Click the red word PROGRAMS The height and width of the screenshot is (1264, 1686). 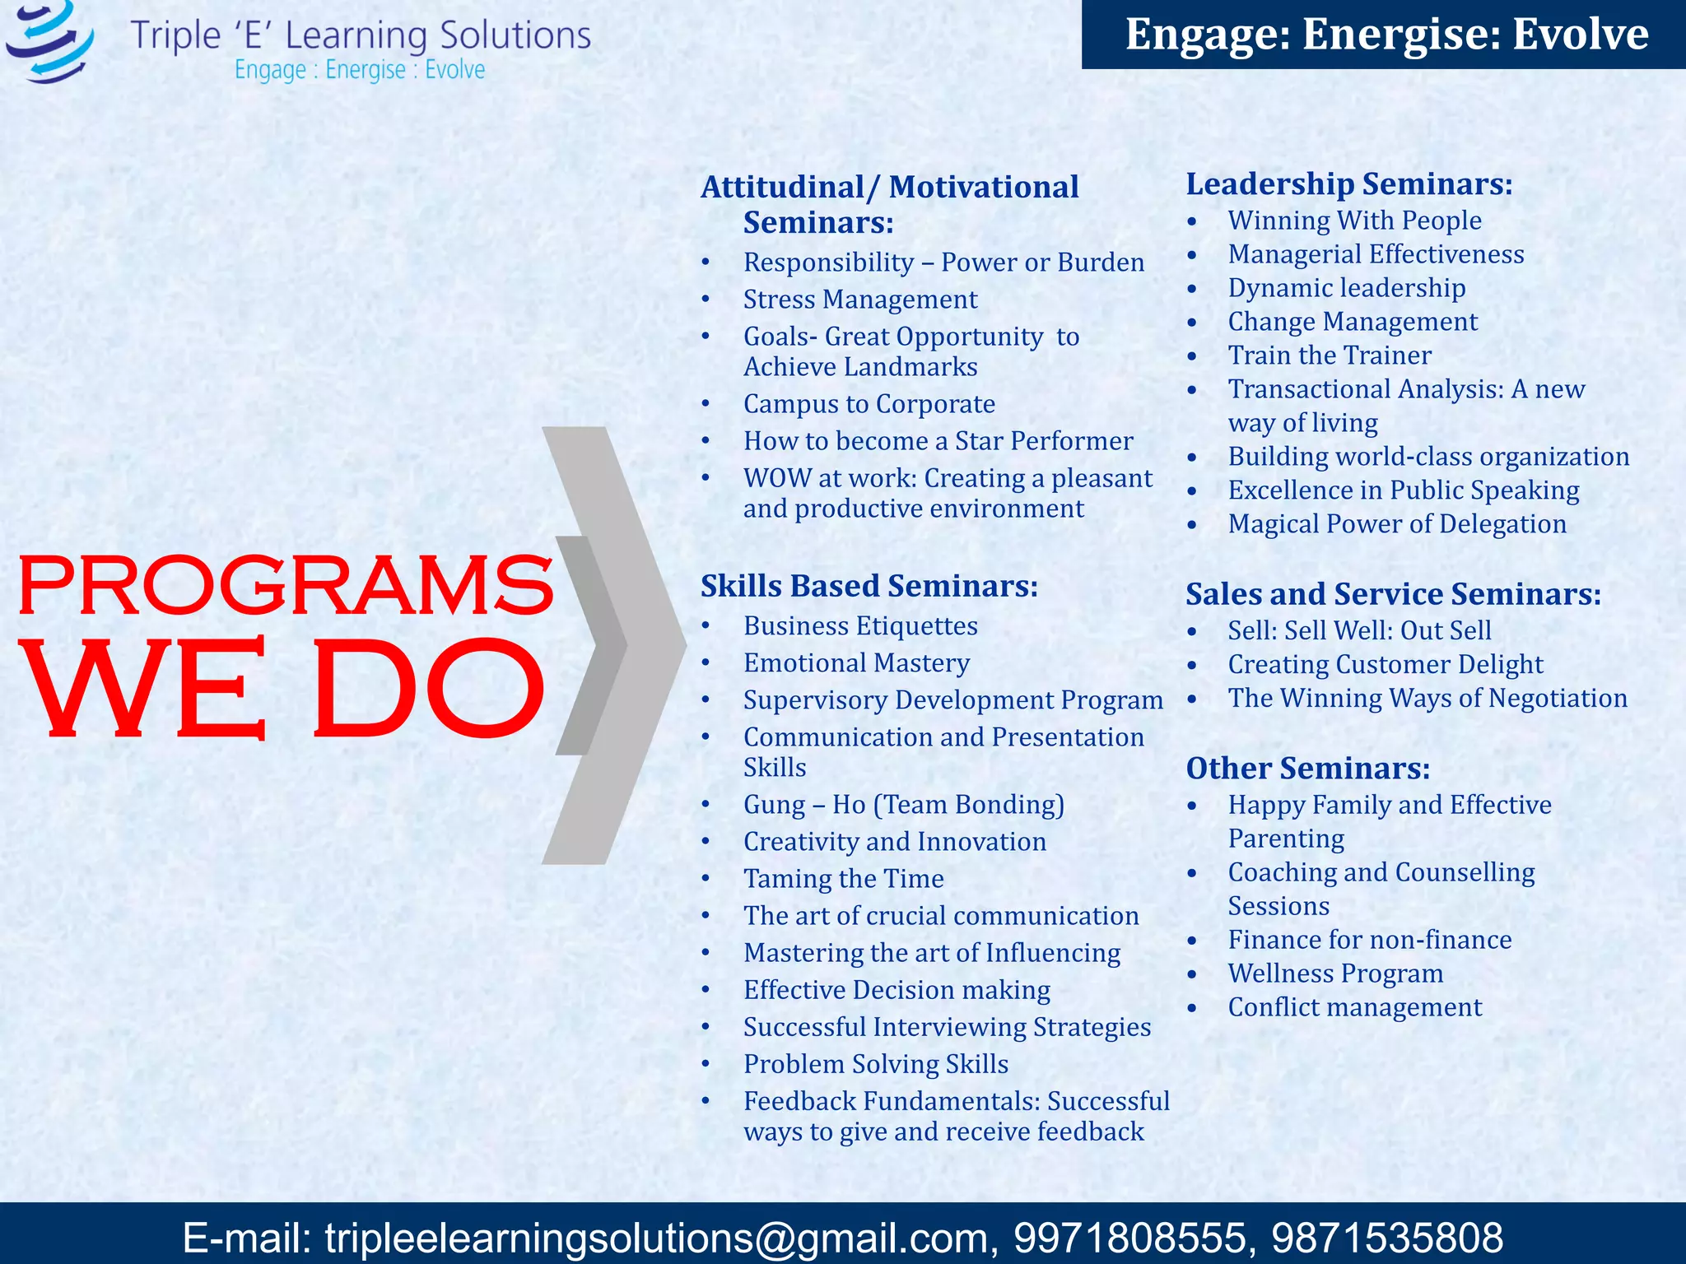tap(285, 585)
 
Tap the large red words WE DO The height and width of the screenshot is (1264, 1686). tap(285, 690)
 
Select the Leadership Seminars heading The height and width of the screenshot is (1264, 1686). tap(1348, 184)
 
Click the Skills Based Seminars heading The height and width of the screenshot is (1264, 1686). tap(869, 586)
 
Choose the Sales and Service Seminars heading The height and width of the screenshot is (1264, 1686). tap(1393, 594)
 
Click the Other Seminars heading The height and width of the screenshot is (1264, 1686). tap(1307, 768)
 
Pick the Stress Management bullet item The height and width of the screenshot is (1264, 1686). tap(859, 300)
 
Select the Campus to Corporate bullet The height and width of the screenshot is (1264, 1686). tap(869, 404)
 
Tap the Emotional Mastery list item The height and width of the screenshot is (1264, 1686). tap(856, 663)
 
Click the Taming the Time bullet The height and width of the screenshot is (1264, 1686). tap(843, 879)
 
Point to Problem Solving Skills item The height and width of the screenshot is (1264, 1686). tap(875, 1064)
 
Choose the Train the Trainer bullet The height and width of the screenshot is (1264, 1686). tap(1329, 355)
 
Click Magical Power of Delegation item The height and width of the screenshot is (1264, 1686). tap(1396, 524)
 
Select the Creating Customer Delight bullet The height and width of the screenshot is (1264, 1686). tap(1385, 665)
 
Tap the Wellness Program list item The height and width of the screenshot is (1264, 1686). tap(1334, 974)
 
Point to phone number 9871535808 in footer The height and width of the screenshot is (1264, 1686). tap(1386, 1238)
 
